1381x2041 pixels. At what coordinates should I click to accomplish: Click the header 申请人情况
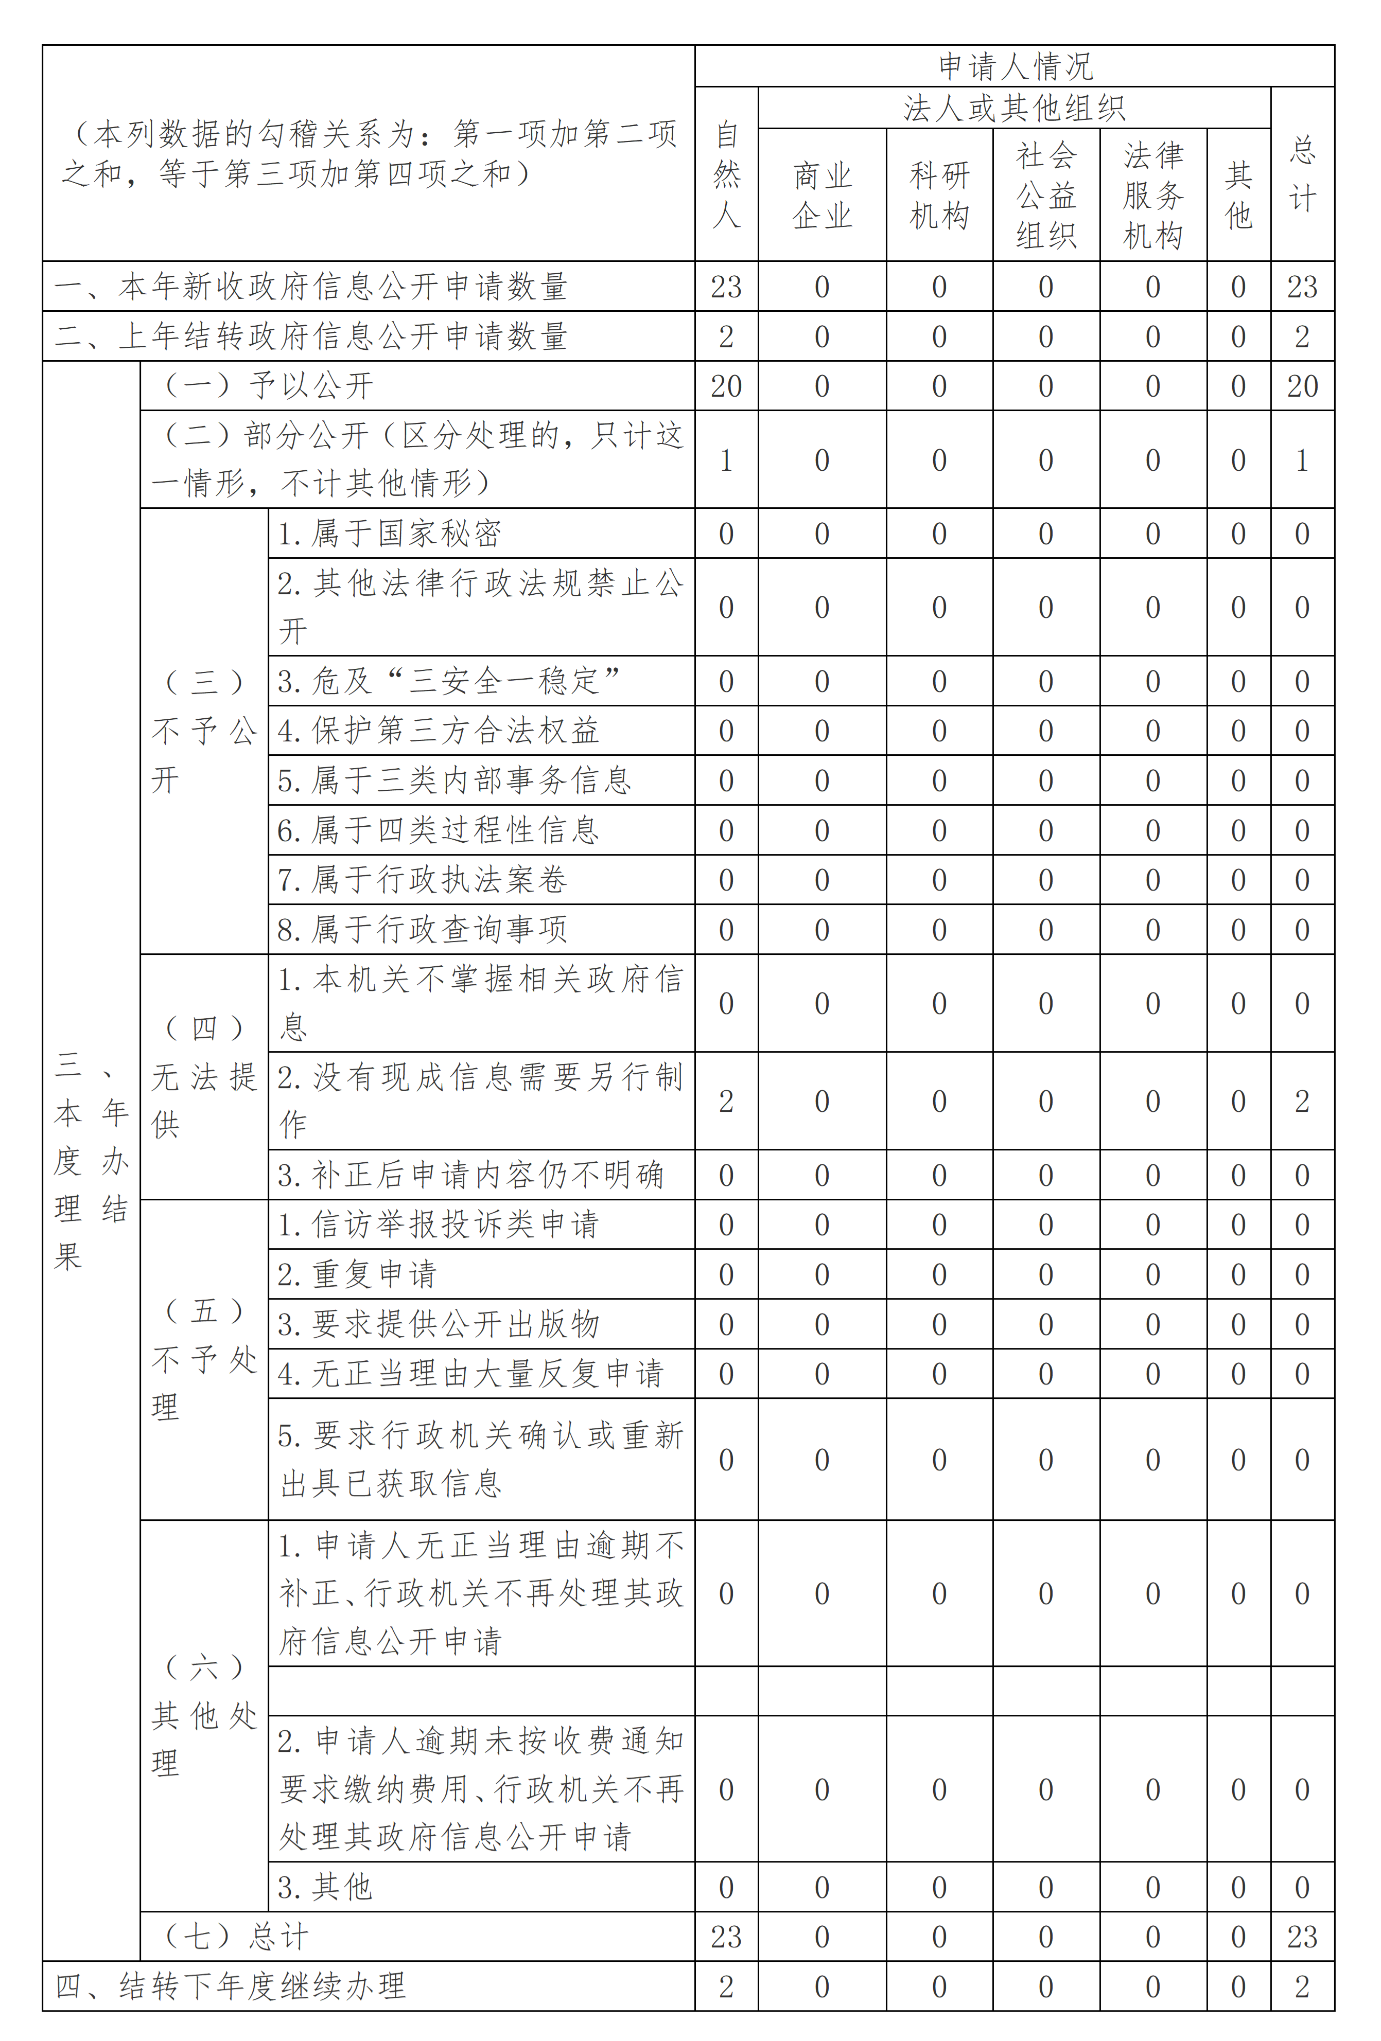(x=1015, y=66)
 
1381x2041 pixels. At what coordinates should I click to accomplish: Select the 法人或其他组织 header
(x=1014, y=108)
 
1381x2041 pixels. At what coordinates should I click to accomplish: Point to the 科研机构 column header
(x=939, y=195)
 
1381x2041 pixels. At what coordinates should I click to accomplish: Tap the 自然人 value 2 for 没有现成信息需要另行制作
(x=726, y=1102)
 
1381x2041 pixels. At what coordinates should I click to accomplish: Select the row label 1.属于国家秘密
(x=389, y=534)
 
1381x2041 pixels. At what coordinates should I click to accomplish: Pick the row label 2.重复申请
(x=358, y=1274)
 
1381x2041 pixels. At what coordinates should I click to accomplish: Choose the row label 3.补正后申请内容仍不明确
(x=471, y=1175)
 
